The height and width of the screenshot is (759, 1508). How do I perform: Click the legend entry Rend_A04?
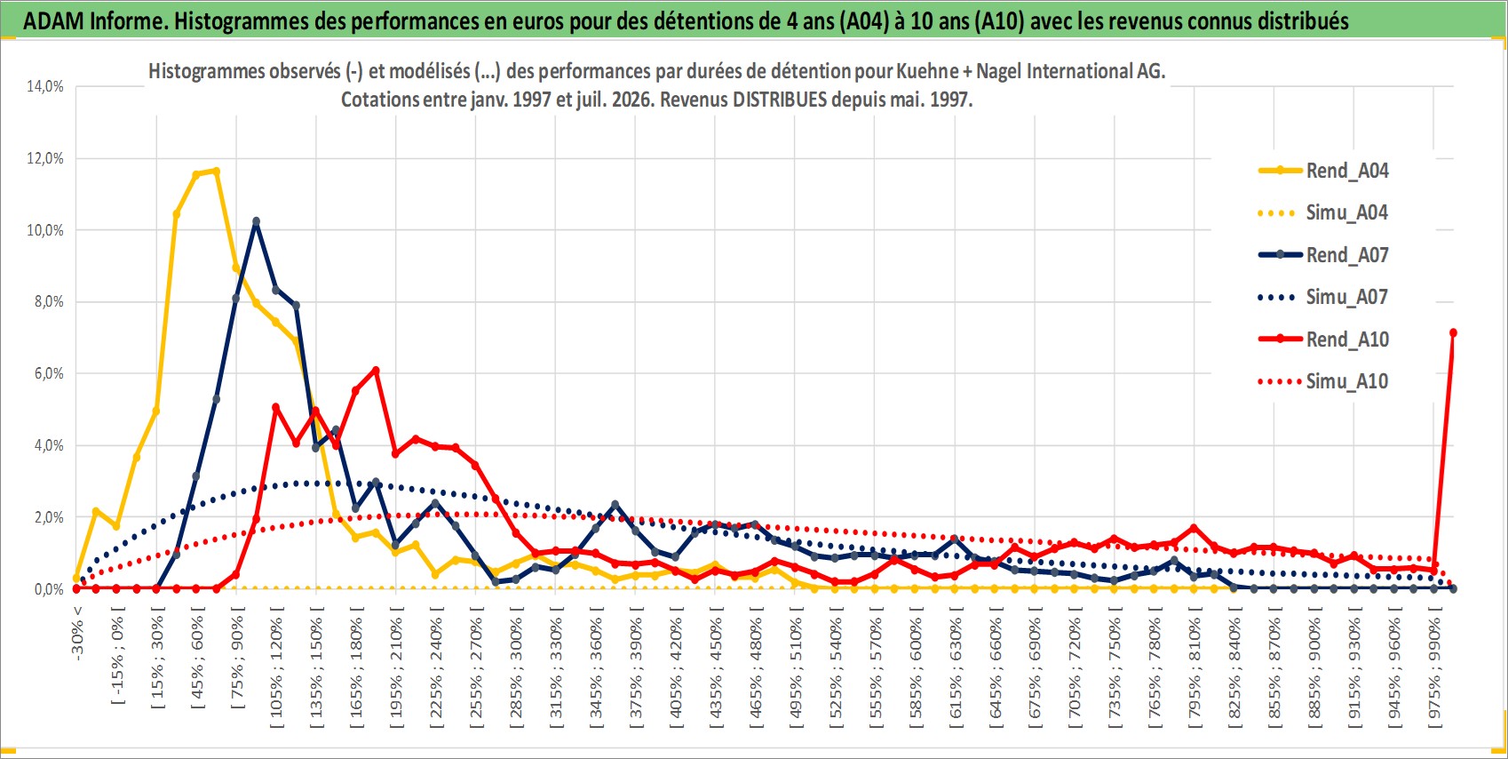point(1323,171)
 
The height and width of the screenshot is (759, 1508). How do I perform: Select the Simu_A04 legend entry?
point(1323,212)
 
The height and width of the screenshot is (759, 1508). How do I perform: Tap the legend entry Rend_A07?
point(1323,255)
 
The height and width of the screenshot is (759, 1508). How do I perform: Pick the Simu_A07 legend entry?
point(1323,297)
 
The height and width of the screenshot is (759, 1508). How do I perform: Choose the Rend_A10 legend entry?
point(1323,340)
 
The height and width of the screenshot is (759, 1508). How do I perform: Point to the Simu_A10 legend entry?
point(1323,381)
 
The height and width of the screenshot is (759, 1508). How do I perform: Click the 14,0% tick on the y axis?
point(45,86)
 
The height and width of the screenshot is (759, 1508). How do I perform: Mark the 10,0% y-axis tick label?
point(45,230)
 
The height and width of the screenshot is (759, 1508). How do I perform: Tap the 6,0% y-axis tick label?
point(49,374)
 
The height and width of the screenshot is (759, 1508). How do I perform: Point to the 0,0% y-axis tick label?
point(49,589)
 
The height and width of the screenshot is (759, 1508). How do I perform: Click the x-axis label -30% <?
point(77,633)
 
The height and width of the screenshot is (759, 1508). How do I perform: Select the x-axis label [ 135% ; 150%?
point(316,667)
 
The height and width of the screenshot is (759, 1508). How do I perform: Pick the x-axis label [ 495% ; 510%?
point(795,667)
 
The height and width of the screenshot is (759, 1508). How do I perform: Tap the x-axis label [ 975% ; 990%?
point(1434,667)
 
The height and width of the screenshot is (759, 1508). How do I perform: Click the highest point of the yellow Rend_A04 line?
point(216,171)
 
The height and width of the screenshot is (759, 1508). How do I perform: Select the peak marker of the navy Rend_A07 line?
point(256,221)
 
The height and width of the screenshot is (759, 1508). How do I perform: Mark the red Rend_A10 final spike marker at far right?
point(1453,332)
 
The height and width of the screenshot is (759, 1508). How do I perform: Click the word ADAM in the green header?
point(53,21)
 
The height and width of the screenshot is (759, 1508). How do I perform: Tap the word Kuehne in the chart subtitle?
point(928,71)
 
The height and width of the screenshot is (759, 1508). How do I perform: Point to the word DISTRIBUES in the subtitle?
point(780,100)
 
